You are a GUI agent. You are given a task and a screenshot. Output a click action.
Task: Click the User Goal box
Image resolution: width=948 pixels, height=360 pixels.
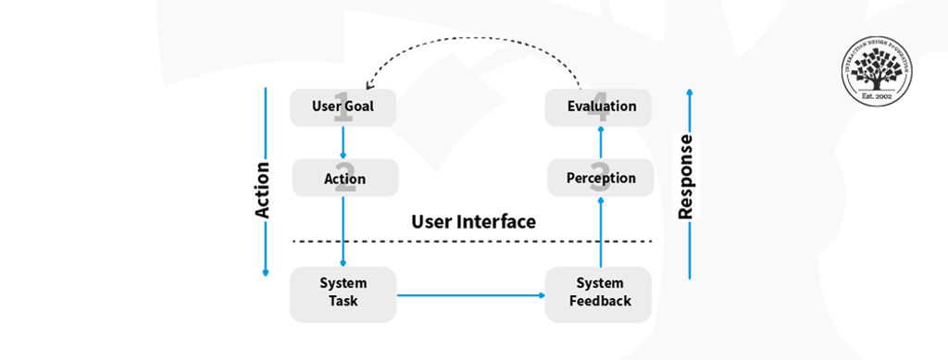click(x=343, y=107)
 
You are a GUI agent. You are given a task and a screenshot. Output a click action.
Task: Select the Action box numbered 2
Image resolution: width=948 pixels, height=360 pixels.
click(x=344, y=178)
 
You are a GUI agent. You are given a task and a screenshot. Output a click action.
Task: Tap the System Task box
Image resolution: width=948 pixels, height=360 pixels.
click(x=343, y=292)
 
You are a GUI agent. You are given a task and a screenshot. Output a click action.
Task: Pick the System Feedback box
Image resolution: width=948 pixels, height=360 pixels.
click(x=599, y=292)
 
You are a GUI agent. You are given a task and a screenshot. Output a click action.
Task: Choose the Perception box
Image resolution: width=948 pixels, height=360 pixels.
click(x=600, y=177)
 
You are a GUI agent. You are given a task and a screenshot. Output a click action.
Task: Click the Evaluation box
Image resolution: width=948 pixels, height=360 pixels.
click(x=600, y=107)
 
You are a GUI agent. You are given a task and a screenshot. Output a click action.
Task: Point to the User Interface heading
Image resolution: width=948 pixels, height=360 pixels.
click(x=473, y=222)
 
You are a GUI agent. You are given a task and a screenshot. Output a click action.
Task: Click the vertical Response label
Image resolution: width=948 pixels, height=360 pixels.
click(x=685, y=178)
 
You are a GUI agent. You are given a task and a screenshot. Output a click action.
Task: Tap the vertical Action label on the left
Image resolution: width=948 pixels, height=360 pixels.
click(x=262, y=190)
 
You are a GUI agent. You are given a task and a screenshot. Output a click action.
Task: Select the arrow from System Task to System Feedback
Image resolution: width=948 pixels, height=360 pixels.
click(x=472, y=295)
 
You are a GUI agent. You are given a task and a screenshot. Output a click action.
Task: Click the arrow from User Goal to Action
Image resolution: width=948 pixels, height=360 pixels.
click(x=343, y=143)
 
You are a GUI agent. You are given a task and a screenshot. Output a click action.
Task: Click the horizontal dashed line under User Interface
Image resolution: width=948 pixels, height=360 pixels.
click(x=472, y=242)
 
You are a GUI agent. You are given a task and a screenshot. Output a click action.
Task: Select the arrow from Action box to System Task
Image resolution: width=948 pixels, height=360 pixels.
click(x=343, y=231)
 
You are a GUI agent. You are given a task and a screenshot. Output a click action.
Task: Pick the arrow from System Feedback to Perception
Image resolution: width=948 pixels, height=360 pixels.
click(x=600, y=231)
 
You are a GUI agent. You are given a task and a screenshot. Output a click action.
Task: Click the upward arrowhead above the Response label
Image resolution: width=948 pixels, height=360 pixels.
click(x=690, y=92)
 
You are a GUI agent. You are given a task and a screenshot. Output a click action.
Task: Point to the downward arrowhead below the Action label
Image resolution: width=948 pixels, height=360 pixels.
click(x=266, y=273)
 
